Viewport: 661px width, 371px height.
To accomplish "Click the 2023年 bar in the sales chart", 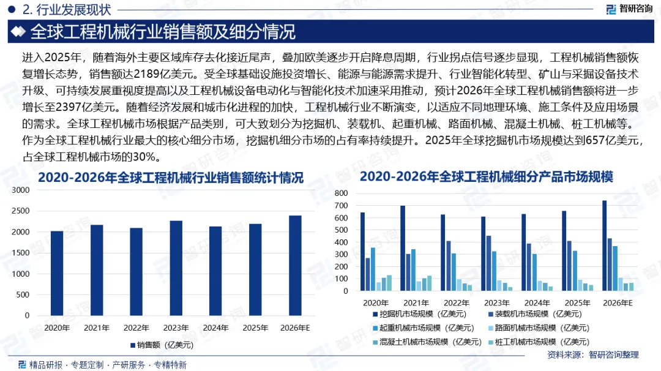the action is pyautogui.click(x=176, y=268).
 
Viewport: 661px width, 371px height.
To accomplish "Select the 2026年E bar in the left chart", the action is pyautogui.click(x=295, y=266).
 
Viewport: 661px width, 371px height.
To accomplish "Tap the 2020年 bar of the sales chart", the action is pyautogui.click(x=57, y=273).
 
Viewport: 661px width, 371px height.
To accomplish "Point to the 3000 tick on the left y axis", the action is pyautogui.click(x=21, y=190).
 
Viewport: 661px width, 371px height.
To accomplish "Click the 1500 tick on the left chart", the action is pyautogui.click(x=21, y=253).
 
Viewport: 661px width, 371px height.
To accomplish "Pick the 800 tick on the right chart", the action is pyautogui.click(x=341, y=193).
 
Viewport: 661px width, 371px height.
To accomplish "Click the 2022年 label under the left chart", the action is pyautogui.click(x=136, y=328).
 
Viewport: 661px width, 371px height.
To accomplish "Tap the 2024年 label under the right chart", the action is pyautogui.click(x=537, y=303).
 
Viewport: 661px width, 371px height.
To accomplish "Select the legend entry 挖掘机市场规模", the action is pyautogui.click(x=419, y=314).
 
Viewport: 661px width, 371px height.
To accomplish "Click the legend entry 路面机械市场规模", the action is pyautogui.click(x=539, y=328).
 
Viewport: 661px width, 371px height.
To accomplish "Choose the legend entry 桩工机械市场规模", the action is pyautogui.click(x=539, y=342).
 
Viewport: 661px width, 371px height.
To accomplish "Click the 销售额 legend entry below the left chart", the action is pyautogui.click(x=162, y=345).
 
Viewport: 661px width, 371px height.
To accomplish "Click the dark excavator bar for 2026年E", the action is pyautogui.click(x=605, y=245).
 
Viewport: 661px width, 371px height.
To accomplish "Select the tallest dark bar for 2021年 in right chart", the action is pyautogui.click(x=403, y=249).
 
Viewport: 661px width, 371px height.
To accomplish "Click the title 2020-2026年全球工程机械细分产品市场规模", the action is pyautogui.click(x=486, y=177).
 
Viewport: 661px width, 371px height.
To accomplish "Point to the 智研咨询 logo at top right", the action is pyautogui.click(x=629, y=9).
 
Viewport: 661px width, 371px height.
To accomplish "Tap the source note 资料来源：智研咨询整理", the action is pyautogui.click(x=592, y=355).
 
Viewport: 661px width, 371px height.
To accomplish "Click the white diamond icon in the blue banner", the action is pyautogui.click(x=18, y=32).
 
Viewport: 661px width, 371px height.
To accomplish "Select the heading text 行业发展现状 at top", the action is pyautogui.click(x=73, y=9).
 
